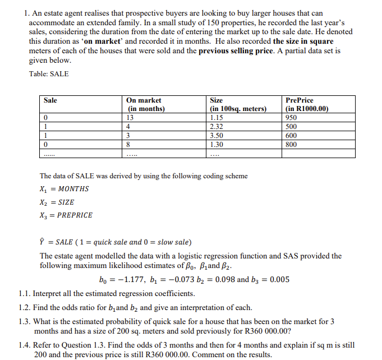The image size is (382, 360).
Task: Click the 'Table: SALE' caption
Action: tap(49, 74)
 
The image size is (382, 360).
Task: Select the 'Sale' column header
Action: tap(50, 100)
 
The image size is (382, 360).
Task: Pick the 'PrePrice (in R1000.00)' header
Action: tap(306, 104)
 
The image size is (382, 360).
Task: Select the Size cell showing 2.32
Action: tap(217, 127)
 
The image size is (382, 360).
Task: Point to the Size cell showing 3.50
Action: tap(217, 136)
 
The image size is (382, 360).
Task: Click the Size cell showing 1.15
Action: tap(217, 118)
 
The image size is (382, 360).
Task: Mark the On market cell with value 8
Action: tap(130, 145)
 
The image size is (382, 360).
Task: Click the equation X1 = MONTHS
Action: tap(64, 189)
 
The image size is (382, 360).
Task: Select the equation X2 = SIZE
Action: tap(57, 202)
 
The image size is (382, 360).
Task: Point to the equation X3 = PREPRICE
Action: tap(66, 215)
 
